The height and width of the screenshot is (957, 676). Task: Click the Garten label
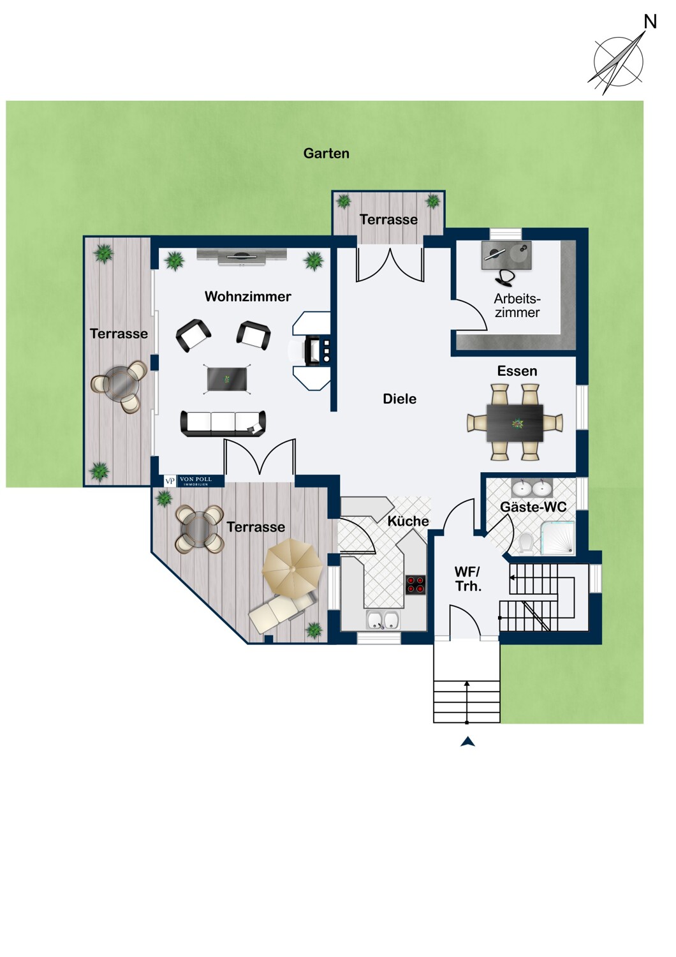tap(327, 153)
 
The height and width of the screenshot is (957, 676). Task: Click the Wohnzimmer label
tap(247, 297)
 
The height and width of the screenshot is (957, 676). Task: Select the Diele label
tap(399, 399)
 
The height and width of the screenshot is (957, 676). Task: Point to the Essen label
tap(517, 371)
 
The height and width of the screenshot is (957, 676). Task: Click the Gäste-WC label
tap(533, 507)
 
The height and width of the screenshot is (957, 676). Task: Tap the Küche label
tap(408, 521)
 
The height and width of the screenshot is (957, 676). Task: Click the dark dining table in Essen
tap(515, 423)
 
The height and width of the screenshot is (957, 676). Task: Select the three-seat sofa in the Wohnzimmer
tap(223, 424)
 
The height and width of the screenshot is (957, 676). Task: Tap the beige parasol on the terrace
tap(292, 567)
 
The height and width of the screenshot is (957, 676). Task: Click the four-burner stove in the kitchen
tap(416, 585)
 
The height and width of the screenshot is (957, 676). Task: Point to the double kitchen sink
tap(383, 620)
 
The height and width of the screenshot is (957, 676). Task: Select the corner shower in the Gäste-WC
tap(558, 538)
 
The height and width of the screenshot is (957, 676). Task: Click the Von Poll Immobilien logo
tap(195, 481)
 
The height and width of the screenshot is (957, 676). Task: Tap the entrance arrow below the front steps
tap(467, 741)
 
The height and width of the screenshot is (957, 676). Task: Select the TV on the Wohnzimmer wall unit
tap(242, 256)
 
